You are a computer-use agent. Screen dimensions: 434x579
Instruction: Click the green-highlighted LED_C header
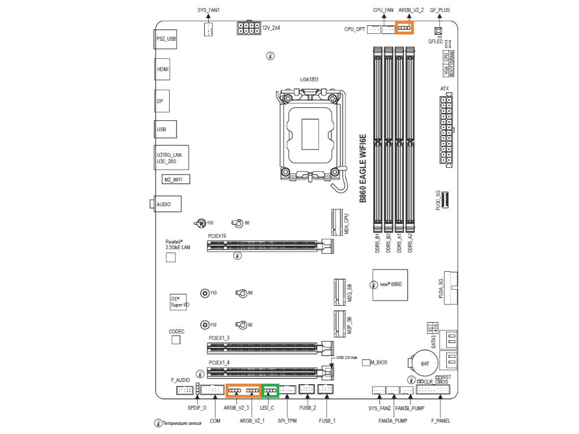pos(269,390)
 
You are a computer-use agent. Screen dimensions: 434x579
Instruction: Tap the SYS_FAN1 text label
pos(208,10)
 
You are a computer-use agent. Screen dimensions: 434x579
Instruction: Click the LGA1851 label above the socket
pos(309,80)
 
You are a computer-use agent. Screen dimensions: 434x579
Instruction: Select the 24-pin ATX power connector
pos(446,131)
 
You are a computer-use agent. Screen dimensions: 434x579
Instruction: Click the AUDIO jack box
pos(167,205)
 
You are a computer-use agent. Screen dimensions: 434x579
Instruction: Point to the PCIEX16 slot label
pos(217,236)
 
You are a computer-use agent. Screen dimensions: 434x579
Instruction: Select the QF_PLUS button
pos(438,31)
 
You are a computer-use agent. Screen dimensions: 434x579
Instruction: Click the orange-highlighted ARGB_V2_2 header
pos(404,28)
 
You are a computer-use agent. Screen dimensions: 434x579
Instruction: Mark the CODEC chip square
pos(175,340)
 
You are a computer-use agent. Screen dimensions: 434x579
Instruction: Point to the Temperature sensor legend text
pos(183,423)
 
